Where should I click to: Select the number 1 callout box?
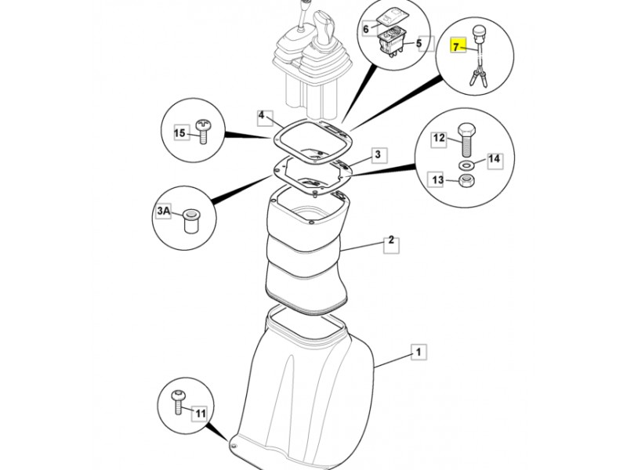[419, 352]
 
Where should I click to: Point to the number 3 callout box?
[379, 154]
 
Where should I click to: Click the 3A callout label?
[164, 211]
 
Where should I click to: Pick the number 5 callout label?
[419, 43]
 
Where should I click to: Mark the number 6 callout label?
[367, 29]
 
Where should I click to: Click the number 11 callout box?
[201, 414]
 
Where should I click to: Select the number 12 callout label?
[439, 139]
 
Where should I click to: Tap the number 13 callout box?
[437, 180]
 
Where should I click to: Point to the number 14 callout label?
[495, 159]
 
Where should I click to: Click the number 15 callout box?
[180, 132]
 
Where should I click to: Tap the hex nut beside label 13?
[466, 181]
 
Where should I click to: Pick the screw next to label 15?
[203, 131]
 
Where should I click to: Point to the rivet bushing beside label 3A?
[190, 222]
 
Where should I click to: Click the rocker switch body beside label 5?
[392, 42]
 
